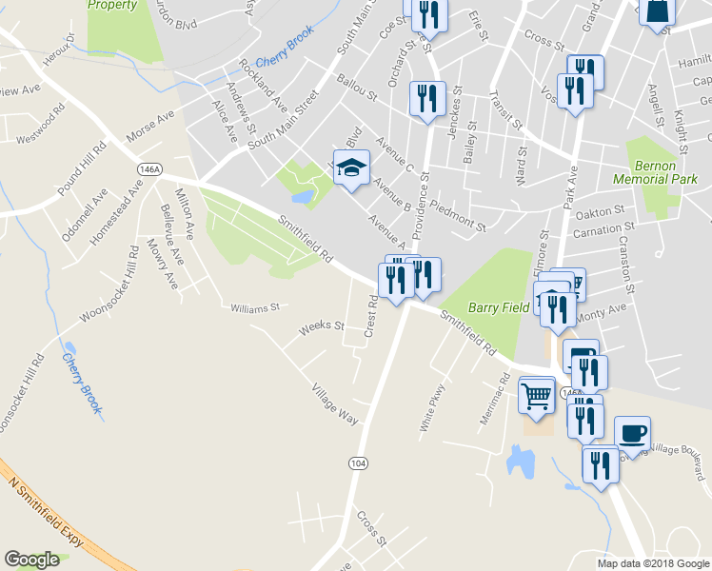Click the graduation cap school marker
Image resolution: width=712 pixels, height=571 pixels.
(350, 168)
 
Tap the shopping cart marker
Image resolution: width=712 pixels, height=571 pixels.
(537, 394)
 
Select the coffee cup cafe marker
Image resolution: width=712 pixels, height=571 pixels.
(633, 434)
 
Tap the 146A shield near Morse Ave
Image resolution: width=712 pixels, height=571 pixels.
(148, 168)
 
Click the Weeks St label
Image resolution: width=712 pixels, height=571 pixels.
(321, 326)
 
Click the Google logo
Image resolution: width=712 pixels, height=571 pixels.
(31, 561)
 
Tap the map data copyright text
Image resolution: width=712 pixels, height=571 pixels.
(652, 563)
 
